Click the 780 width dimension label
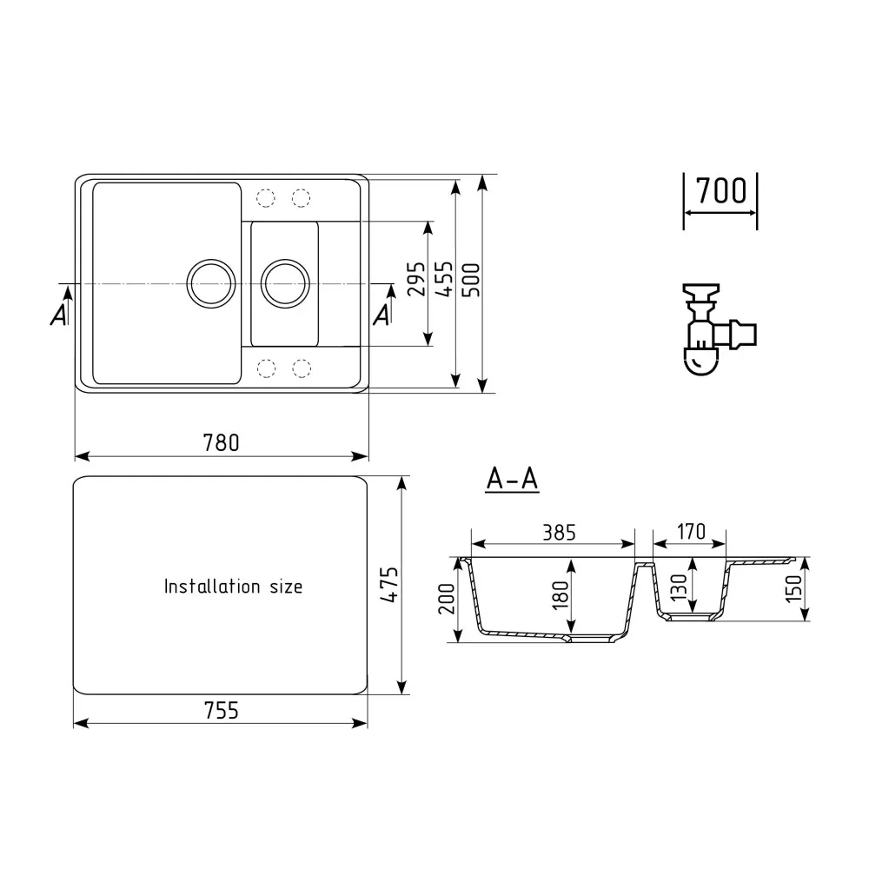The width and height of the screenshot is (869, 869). point(222,442)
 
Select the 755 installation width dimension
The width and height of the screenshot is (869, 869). point(222,710)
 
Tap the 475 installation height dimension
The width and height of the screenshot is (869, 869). point(388,587)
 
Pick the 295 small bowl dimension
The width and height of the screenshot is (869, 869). point(416,280)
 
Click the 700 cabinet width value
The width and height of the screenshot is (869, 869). point(721,190)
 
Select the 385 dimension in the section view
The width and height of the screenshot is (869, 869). point(553,532)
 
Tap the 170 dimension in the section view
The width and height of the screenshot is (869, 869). point(688,531)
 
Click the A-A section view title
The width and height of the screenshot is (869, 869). point(513,478)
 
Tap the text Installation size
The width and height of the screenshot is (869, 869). point(234,587)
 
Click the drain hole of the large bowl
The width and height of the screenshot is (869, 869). point(210,282)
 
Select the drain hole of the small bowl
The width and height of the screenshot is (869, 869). point(285,282)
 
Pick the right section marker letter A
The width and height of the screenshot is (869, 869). point(381,315)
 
